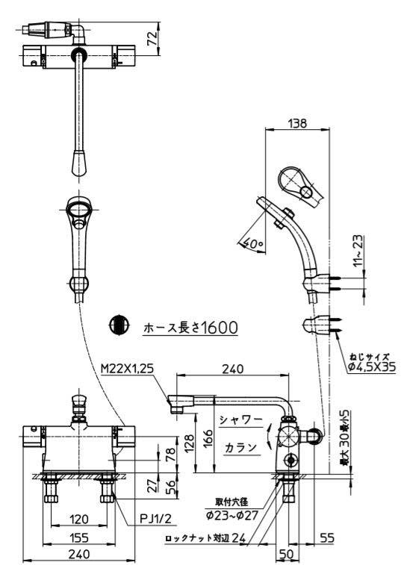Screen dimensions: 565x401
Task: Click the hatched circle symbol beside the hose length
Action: click(117, 325)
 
